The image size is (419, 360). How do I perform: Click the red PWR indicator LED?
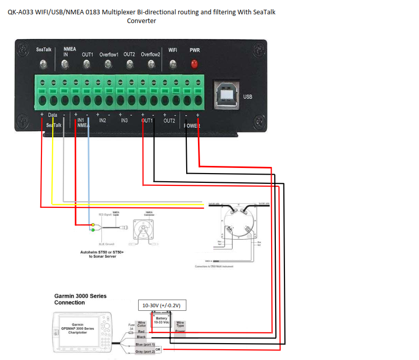194,65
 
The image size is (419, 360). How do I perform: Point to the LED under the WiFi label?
173,65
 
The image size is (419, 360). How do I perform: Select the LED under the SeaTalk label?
44,65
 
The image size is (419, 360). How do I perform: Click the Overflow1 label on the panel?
109,54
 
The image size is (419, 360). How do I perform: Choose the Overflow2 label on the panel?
150,54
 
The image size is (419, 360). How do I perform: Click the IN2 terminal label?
102,120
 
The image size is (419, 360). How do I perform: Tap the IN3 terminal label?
124,120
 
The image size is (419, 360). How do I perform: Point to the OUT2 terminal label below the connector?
169,121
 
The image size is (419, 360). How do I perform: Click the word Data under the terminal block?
52,115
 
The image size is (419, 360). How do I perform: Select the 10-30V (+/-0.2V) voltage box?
163,305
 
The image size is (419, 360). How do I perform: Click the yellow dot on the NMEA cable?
92,225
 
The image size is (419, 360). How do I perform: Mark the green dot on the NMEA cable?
92,230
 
